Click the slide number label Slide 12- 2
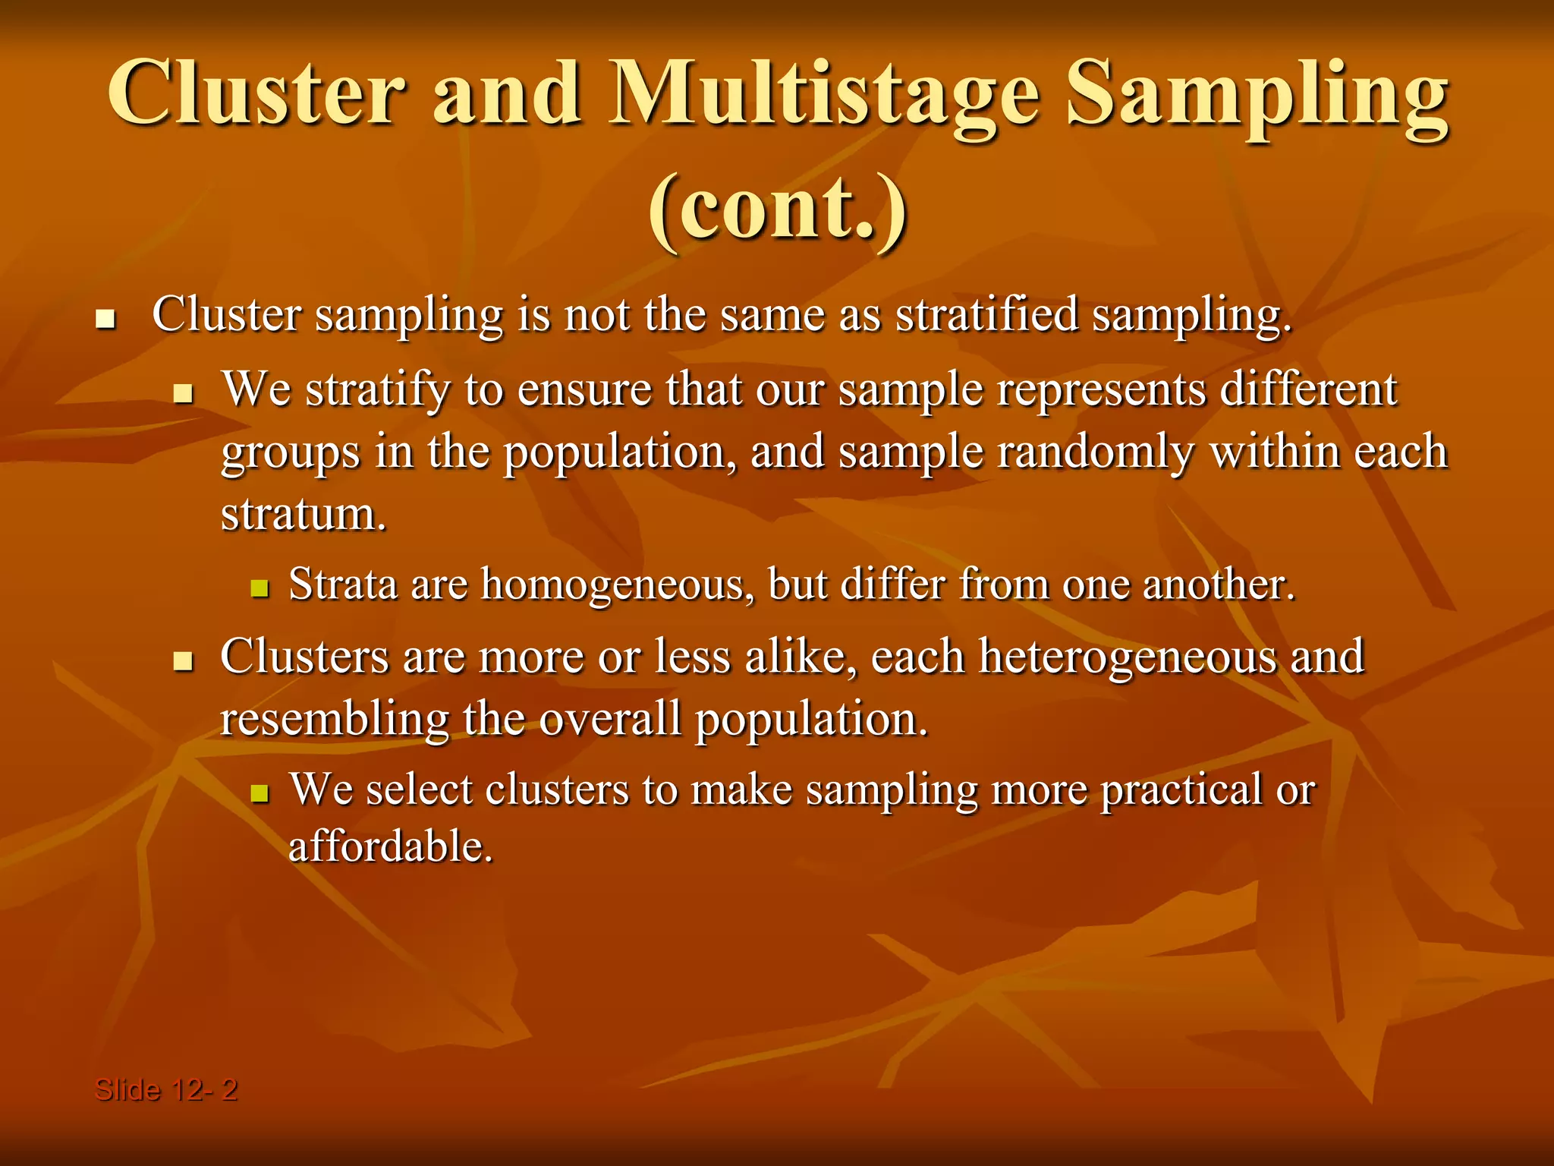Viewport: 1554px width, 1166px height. pos(165,1090)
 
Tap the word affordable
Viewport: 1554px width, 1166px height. pos(390,847)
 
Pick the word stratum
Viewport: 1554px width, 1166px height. pos(304,515)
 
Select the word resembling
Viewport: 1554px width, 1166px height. pos(334,720)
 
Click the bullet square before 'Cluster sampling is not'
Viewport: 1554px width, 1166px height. pos(105,319)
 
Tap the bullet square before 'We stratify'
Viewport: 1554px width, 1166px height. pos(182,393)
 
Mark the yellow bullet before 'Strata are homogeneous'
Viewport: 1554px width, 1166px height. pos(260,588)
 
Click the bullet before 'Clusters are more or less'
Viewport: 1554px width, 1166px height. pos(182,660)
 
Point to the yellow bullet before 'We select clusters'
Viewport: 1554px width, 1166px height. pos(260,793)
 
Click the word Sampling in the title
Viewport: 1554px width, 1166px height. pos(1256,95)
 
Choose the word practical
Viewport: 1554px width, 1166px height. pos(1181,790)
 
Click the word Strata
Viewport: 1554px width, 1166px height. pos(343,585)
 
